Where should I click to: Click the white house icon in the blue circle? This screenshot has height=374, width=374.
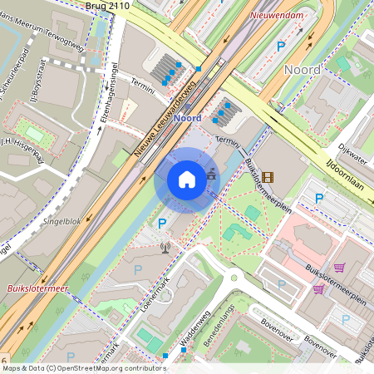(x=187, y=180)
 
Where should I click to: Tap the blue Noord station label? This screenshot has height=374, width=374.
(x=189, y=118)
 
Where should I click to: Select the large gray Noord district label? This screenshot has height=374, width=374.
(x=302, y=70)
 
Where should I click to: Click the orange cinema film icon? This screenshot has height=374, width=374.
(x=267, y=176)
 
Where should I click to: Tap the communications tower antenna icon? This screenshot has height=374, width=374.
(x=165, y=246)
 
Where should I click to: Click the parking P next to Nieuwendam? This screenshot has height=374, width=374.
(x=280, y=47)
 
